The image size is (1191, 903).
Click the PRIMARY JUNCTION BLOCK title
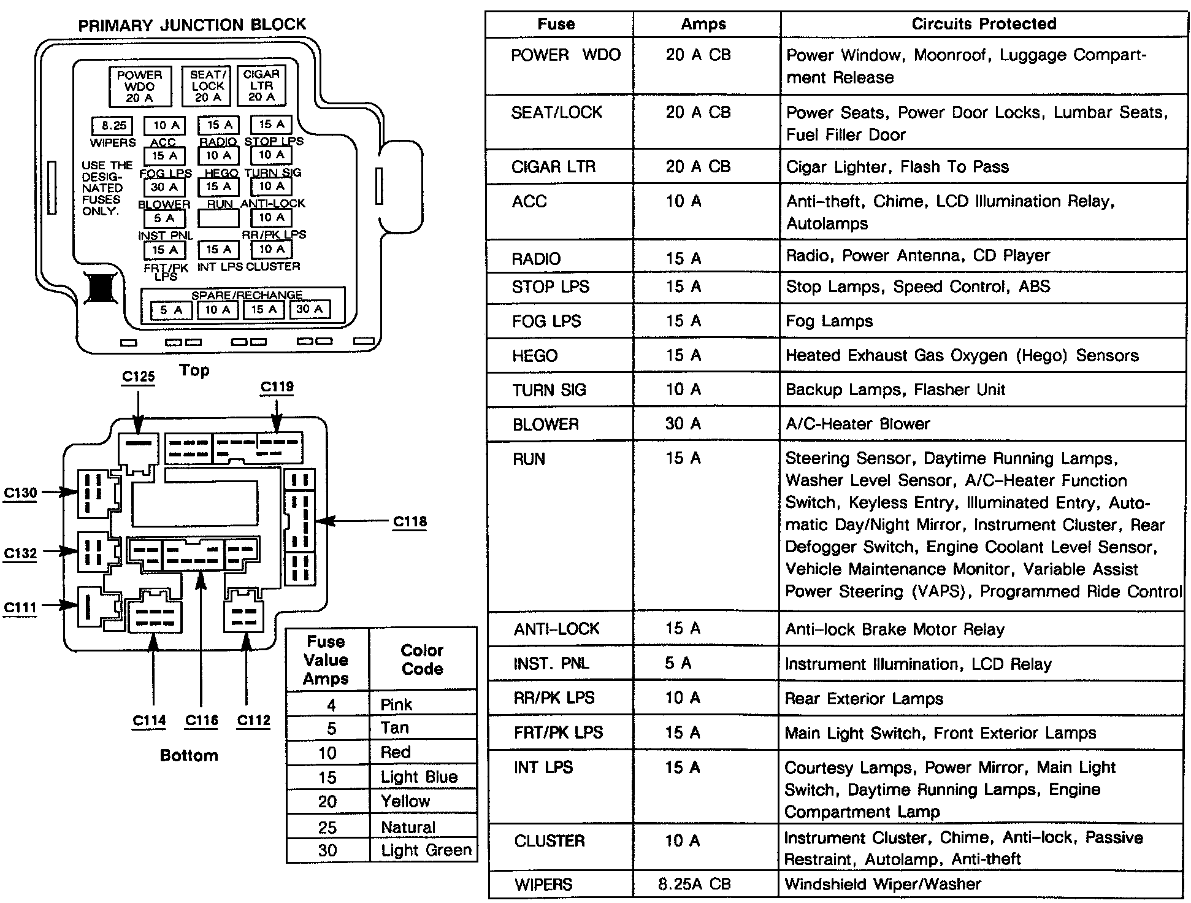tap(191, 25)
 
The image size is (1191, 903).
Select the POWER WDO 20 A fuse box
tap(140, 86)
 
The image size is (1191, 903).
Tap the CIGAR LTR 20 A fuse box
tap(261, 85)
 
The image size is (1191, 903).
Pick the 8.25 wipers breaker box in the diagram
tap(113, 126)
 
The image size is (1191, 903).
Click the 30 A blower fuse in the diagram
tap(164, 187)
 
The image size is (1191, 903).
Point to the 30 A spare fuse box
tap(310, 309)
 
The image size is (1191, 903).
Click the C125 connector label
tap(138, 376)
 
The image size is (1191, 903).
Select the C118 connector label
tap(410, 521)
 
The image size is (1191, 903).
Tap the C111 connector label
tap(20, 607)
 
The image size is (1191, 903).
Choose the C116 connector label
tap(201, 720)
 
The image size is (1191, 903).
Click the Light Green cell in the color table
tap(426, 850)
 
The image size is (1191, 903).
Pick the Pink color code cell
tap(396, 704)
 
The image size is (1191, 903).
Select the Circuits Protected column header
tap(984, 24)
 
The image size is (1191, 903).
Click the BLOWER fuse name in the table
tap(545, 424)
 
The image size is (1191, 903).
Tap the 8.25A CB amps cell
tap(691, 884)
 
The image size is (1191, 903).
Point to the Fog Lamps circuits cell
tap(829, 321)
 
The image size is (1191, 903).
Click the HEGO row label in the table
tap(535, 356)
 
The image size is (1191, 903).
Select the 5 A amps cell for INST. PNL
tap(678, 663)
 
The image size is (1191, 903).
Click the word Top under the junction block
tap(194, 370)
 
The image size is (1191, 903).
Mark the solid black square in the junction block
tap(100, 287)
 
